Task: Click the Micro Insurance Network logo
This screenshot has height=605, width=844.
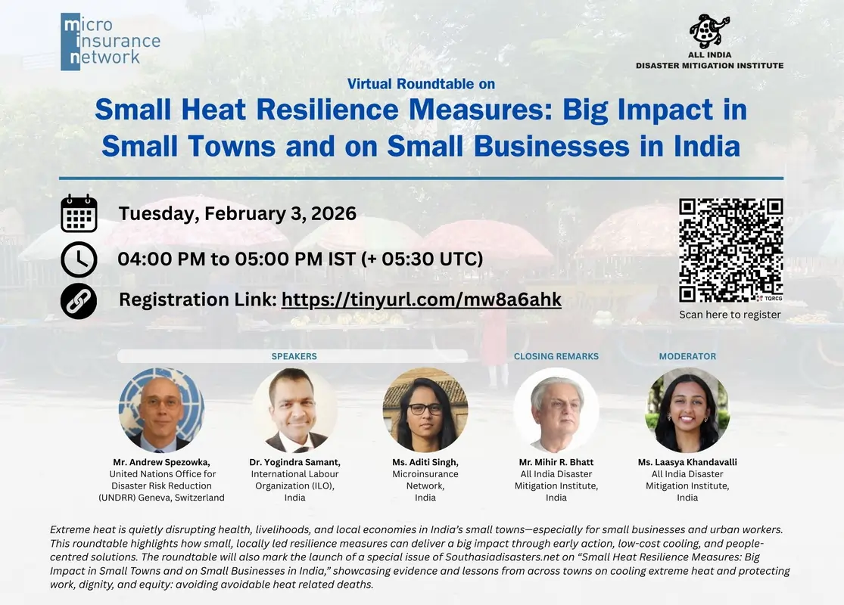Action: click(111, 42)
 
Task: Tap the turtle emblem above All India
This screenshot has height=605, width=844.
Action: click(709, 31)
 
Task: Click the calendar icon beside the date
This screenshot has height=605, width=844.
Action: click(79, 213)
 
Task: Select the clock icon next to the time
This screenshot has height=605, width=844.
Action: click(79, 259)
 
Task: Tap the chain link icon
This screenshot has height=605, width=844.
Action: click(79, 301)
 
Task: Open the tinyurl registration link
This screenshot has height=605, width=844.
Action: click(422, 299)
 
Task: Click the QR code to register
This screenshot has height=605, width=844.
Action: click(730, 250)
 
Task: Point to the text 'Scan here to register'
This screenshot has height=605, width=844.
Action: click(730, 315)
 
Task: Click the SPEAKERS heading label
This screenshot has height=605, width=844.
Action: click(294, 356)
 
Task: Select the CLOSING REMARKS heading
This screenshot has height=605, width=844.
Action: click(556, 356)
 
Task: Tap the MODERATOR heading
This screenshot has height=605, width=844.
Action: click(687, 356)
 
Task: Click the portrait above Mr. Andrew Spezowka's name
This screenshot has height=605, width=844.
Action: click(161, 410)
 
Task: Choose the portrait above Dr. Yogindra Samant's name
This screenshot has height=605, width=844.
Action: click(294, 410)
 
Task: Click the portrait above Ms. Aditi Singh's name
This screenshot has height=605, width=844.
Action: click(425, 410)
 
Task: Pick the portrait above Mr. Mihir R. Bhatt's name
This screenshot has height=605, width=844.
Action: click(556, 410)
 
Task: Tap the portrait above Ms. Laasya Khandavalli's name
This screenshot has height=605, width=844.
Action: click(687, 410)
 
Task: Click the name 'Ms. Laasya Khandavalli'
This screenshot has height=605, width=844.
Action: click(687, 462)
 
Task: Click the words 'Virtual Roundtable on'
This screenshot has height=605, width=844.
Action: click(421, 84)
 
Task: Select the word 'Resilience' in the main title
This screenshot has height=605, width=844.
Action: click(327, 110)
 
